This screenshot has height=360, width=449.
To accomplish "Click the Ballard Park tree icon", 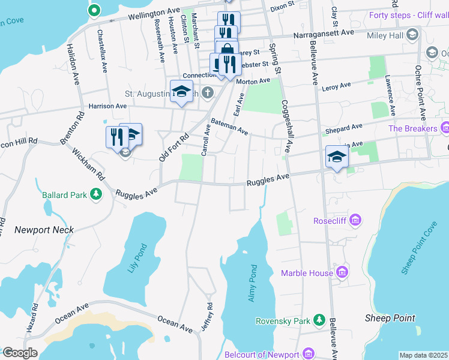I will pyautogui.click(x=95, y=194).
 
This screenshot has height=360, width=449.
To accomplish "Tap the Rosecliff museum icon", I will pyautogui.click(x=356, y=221).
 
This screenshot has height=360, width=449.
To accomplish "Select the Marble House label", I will pyautogui.click(x=307, y=273).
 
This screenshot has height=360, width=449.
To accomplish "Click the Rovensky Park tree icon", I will pyautogui.click(x=321, y=320).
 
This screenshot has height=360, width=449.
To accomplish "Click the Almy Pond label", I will pyautogui.click(x=253, y=283).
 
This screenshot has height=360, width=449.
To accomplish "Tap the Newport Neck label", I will pyautogui.click(x=44, y=230).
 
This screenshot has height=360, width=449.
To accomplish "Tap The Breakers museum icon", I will pyautogui.click(x=445, y=128).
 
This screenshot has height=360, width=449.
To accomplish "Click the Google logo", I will pyautogui.click(x=20, y=353).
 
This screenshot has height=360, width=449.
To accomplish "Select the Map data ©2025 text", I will pyautogui.click(x=423, y=355).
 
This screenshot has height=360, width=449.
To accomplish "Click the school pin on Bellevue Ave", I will pyautogui.click(x=337, y=157).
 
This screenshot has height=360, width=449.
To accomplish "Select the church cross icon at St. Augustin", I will pyautogui.click(x=207, y=92).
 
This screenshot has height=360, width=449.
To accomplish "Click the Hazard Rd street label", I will pyautogui.click(x=32, y=319).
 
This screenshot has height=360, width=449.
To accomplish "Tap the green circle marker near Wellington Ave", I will pyautogui.click(x=94, y=10).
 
